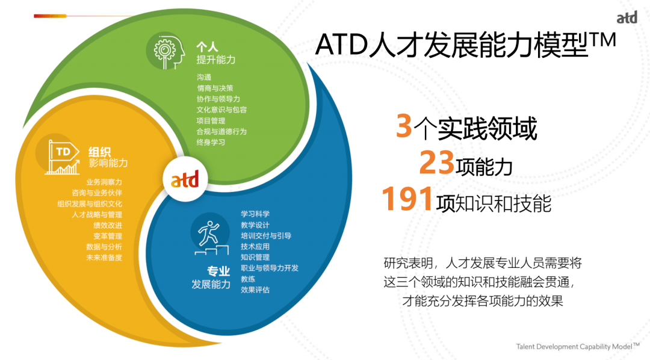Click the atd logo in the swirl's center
coord(185,180)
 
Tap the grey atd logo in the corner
coord(627,17)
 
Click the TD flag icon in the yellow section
coord(63,157)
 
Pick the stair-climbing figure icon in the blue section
coord(211,238)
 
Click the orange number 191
coord(407,199)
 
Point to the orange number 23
coord(436,162)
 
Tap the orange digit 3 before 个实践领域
coord(404,125)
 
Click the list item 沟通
coord(204,77)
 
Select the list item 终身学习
coord(211,142)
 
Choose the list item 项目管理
coord(211,120)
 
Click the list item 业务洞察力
coord(104,182)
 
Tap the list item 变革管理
coord(108,236)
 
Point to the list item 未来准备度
coord(104,258)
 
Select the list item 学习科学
coord(255,214)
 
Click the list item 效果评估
coord(255,290)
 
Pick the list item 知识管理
coord(255,257)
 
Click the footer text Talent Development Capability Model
coord(574,347)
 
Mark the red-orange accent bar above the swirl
coord(50,16)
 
